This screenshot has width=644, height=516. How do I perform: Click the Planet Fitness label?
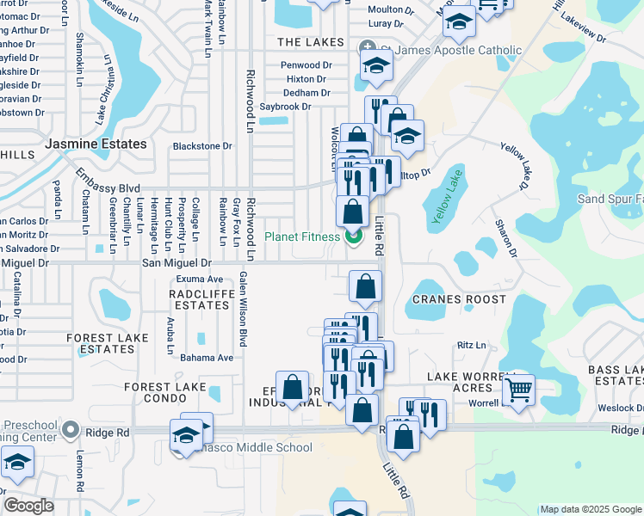click(x=302, y=236)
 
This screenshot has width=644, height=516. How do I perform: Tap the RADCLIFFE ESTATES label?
click(x=197, y=299)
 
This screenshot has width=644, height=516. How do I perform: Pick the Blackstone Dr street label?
click(x=202, y=146)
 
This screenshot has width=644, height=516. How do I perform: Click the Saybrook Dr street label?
click(x=285, y=107)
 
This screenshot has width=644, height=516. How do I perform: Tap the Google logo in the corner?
click(x=28, y=506)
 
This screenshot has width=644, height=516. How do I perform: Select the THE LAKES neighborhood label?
click(x=311, y=42)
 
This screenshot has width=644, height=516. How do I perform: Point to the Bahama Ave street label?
click(x=201, y=358)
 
